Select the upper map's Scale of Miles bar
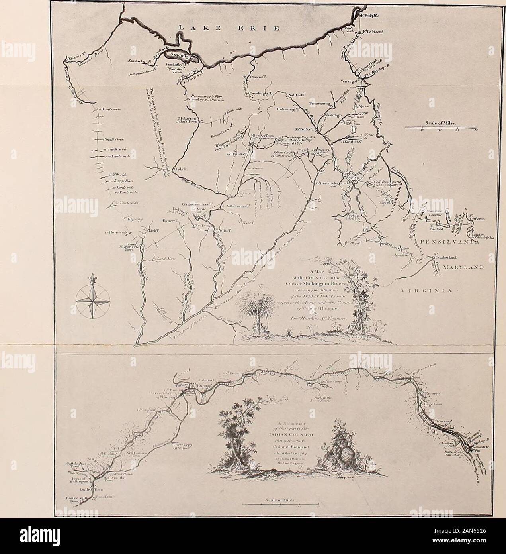coord(440,128)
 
